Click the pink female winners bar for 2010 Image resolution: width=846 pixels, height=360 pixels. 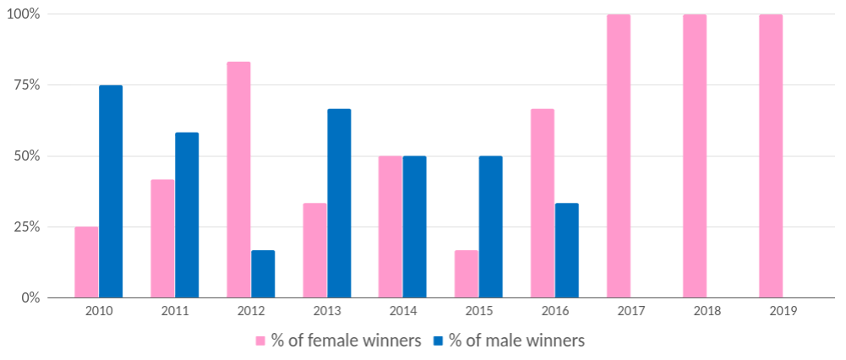[86, 262]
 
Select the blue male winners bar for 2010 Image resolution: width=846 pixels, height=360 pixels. [111, 191]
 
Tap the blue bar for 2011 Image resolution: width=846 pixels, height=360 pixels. [187, 215]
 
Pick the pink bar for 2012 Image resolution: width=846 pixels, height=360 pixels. [238, 179]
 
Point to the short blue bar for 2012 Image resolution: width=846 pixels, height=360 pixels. [263, 274]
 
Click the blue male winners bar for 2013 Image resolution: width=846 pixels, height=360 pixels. [339, 203]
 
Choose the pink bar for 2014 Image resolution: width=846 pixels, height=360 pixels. [390, 226]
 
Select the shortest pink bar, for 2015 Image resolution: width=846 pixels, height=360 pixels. [467, 274]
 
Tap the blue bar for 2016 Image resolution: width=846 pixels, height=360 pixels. [567, 250]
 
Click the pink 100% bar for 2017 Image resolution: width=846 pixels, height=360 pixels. [619, 155]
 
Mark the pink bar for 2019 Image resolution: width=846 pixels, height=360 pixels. [771, 155]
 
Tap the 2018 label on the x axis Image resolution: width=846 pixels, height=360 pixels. [707, 311]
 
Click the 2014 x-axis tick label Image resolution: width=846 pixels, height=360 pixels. [402, 311]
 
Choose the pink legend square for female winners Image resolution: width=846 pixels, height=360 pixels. [262, 341]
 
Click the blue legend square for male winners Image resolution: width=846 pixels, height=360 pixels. [439, 341]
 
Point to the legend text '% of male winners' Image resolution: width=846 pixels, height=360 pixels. [517, 341]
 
